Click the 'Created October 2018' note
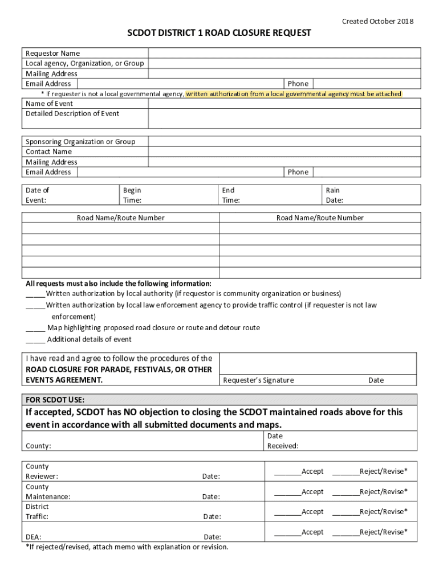pos(377,22)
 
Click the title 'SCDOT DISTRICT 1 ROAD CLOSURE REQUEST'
pos(219,33)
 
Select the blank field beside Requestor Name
pos(284,53)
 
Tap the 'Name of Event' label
pos(50,104)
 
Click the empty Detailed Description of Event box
pos(284,118)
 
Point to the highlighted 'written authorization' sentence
pos(294,94)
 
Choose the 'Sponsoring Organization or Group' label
pos(80,142)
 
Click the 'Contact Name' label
pos(49,152)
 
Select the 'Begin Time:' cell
pos(132,195)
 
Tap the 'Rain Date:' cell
pos(335,195)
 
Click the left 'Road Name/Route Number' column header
pos(121,218)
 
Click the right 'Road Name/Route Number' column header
pos(320,218)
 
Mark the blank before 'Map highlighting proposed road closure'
pos(35,329)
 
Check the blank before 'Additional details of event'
pos(35,340)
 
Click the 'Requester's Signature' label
pos(258,380)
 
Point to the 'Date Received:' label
pos(283,441)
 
